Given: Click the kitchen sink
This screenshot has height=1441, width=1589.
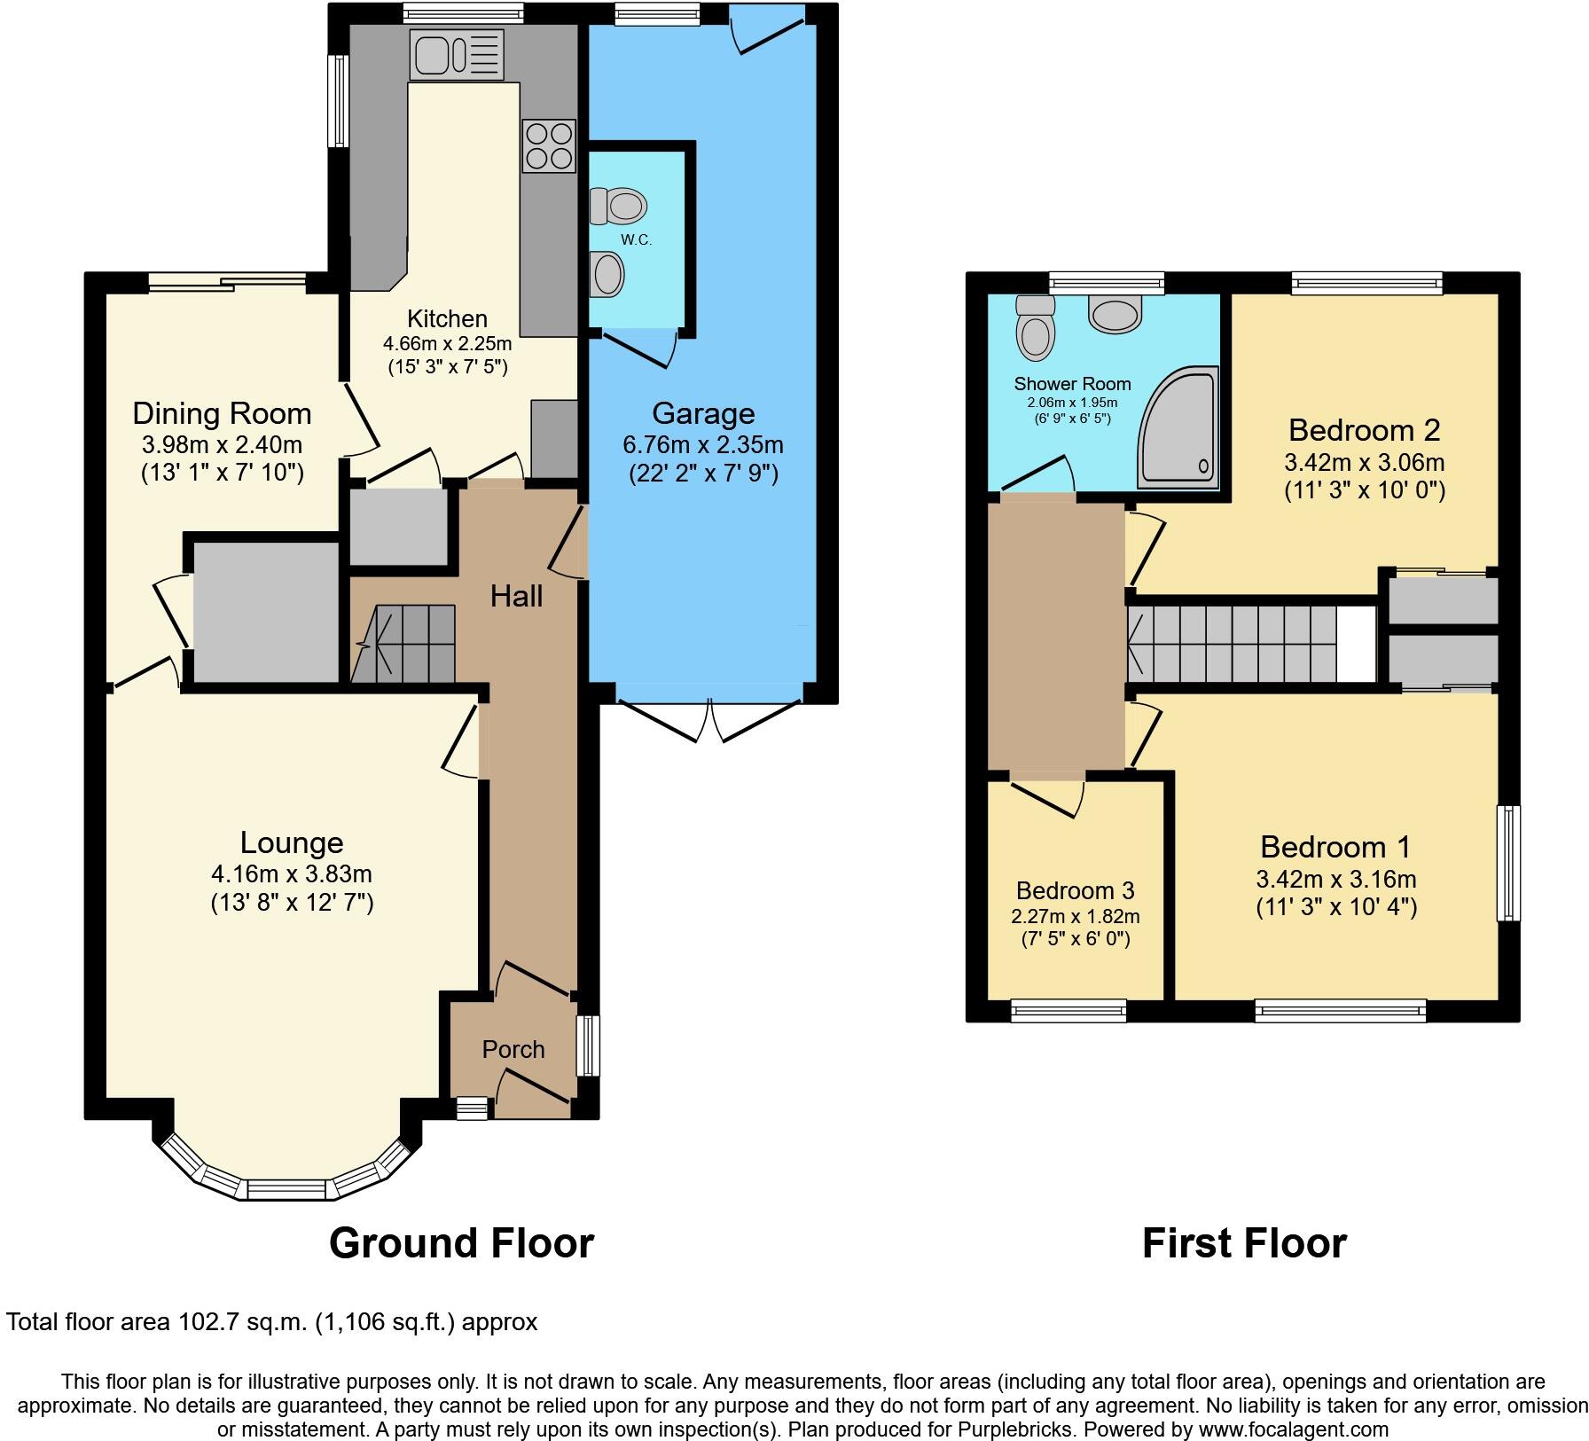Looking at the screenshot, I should tap(456, 53).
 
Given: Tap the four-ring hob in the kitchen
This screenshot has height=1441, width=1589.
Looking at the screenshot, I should tap(548, 145).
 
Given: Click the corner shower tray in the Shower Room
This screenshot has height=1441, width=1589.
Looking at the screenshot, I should tap(1180, 430).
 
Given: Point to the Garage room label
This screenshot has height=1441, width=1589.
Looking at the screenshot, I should tap(703, 413).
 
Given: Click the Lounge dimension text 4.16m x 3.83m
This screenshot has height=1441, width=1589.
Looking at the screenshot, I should tap(291, 873).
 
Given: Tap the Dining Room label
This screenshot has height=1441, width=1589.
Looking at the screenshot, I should tap(222, 413).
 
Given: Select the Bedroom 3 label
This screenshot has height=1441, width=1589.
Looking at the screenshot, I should tap(1075, 890).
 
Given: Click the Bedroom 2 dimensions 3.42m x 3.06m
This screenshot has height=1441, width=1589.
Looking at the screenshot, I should tap(1364, 462).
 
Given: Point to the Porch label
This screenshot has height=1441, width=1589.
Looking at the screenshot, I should tap(513, 1049).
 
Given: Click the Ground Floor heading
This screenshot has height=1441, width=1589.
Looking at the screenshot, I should tap(461, 1243).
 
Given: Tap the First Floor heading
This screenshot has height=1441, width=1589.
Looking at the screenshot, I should tap(1243, 1243).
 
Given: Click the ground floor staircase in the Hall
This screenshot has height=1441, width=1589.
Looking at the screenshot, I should tap(404, 643).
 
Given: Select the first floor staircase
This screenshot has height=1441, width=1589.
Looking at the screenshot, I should tap(1241, 644).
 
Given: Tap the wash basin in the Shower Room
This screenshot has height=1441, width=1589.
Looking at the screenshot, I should tap(1115, 315).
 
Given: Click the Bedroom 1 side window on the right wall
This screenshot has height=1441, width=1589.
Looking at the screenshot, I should tap(1508, 863).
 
